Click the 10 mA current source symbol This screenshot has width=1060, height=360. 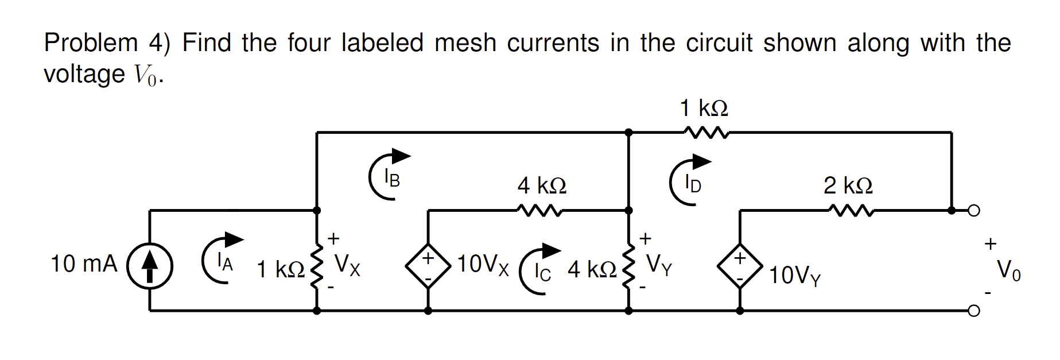coord(150,266)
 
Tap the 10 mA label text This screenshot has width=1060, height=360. coord(84,264)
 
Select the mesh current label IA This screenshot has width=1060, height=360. coord(225,263)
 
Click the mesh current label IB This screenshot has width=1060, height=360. coord(391,179)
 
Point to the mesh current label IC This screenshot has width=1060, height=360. coord(542,272)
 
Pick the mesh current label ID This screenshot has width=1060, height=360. coord(693,184)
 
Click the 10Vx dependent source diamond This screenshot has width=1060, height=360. coord(428,266)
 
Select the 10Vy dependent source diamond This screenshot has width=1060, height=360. coord(740,266)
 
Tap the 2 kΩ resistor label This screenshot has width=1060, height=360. coord(848,185)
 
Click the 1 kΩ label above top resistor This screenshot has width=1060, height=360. coord(704,108)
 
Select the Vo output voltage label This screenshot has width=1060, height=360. coord(1008,269)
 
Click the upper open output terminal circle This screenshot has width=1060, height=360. coord(973,211)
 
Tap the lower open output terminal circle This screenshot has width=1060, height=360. coord(973,311)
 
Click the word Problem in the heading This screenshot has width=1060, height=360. coord(91,43)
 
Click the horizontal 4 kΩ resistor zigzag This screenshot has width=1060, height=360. coord(539,211)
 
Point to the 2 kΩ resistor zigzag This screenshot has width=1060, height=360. coord(851,211)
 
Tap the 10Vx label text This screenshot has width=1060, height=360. coord(483,264)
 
